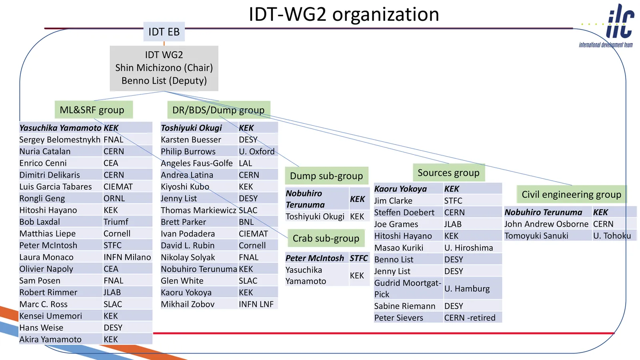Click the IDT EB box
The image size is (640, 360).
tap(164, 32)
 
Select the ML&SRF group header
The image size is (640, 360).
tap(92, 110)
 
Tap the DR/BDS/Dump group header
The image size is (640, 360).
tap(218, 110)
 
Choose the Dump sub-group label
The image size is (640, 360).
tap(326, 176)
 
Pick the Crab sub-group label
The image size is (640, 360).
tap(326, 238)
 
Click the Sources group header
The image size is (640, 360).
tap(448, 173)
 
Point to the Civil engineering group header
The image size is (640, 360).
tap(571, 194)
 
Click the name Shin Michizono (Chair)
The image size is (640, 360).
tap(164, 68)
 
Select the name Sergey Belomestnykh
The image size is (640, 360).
tap(60, 140)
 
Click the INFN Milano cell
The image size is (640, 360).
tap(127, 257)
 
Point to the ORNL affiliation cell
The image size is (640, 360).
tap(114, 198)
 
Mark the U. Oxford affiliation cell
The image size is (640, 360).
tap(257, 152)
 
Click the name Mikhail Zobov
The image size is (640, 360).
tap(188, 304)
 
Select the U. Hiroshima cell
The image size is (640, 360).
tap(469, 248)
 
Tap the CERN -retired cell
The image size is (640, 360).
tap(470, 318)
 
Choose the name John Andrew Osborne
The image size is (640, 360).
tap(546, 224)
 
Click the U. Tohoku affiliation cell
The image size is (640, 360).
tap(612, 236)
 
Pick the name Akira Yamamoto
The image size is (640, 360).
tap(50, 340)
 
